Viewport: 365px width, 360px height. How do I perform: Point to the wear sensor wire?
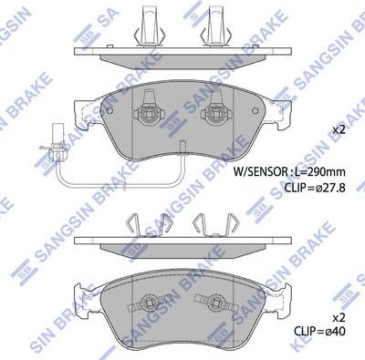119,173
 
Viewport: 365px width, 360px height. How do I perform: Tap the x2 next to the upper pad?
339,129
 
